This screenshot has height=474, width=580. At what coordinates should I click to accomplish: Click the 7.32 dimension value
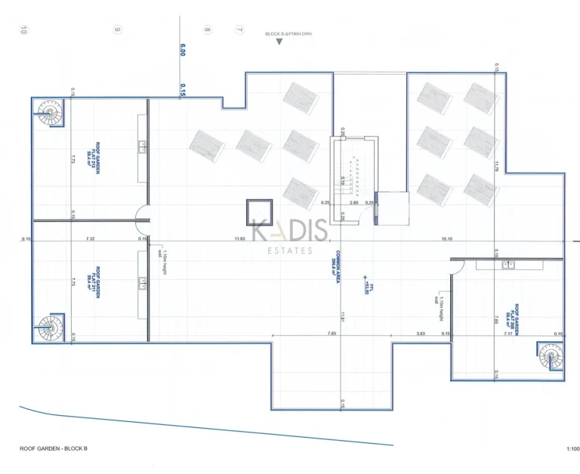pos(90,239)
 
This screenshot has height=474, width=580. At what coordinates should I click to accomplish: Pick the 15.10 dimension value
pos(447,239)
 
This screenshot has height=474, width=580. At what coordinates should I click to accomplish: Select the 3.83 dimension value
pos(421,334)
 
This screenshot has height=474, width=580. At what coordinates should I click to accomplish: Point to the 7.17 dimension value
pos(508,334)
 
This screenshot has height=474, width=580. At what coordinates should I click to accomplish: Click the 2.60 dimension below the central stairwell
pos(354,203)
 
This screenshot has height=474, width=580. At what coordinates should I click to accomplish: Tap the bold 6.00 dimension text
pos(182,50)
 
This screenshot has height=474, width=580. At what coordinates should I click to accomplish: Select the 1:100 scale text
pos(572,449)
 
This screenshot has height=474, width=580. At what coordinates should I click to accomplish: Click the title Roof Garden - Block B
pos(54,449)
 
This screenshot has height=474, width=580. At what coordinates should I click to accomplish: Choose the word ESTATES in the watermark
pos(289,251)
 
